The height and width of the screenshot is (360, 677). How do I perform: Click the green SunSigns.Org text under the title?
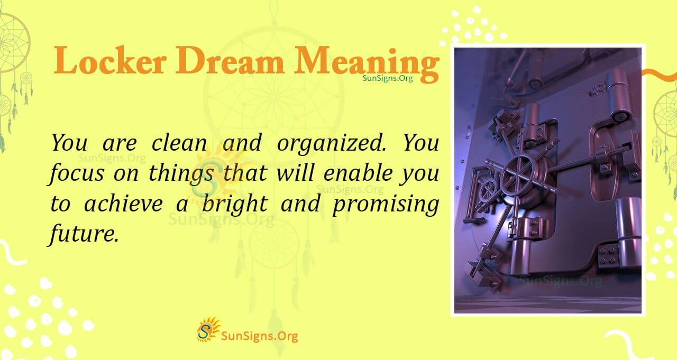click(388, 78)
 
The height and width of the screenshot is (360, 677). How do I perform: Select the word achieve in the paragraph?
click(123, 204)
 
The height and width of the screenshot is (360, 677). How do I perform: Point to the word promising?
click(386, 205)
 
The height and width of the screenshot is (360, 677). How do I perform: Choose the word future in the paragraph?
click(82, 234)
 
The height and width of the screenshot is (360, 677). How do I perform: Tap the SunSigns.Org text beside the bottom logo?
click(259, 335)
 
